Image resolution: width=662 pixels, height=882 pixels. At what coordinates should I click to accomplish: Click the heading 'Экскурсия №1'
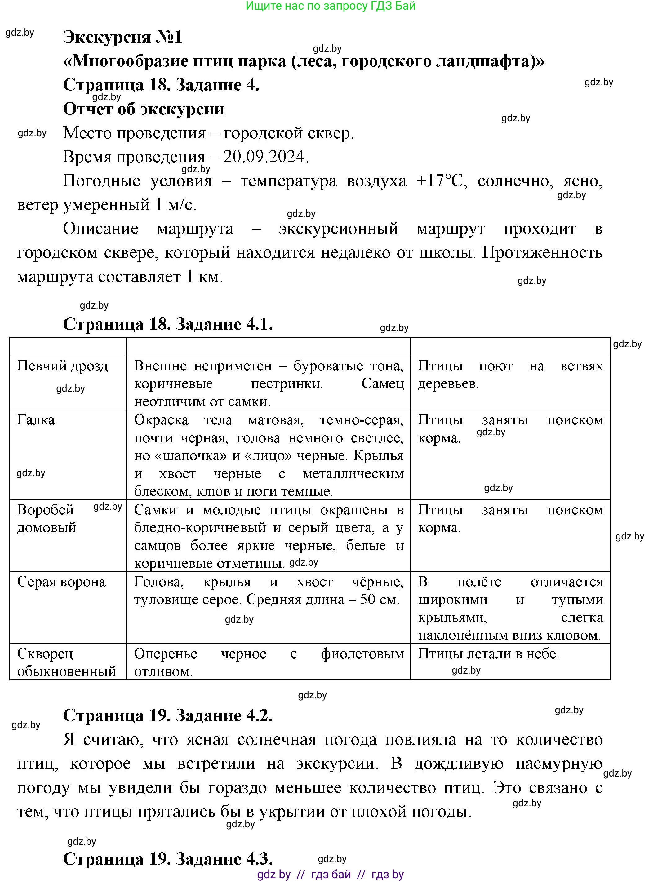(122, 37)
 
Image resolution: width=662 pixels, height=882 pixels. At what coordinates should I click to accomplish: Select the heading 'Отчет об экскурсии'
(144, 109)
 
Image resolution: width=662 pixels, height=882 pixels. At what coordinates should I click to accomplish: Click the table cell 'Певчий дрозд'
(63, 366)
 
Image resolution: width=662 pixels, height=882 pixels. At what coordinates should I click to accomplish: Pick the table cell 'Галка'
(36, 420)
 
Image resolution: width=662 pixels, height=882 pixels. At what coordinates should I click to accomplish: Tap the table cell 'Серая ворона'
(61, 582)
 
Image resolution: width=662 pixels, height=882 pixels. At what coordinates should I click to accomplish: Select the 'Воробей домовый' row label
(46, 518)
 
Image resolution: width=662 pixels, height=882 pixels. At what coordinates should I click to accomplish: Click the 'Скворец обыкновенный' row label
(66, 662)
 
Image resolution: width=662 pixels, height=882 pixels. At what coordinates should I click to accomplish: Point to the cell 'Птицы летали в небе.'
(488, 654)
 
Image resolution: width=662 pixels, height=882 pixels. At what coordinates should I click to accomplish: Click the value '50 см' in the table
(379, 600)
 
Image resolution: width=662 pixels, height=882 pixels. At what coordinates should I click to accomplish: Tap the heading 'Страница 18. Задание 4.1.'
(168, 324)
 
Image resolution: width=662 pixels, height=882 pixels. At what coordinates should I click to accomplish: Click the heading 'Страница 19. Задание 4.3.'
(168, 858)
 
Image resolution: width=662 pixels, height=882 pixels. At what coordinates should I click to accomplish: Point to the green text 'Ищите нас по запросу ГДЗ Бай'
(331, 6)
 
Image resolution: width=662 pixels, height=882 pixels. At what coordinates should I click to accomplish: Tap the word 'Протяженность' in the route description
(542, 253)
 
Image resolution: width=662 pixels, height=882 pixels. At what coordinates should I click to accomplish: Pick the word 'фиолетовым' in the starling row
(362, 654)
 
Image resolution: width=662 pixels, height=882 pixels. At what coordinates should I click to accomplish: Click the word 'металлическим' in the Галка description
(353, 474)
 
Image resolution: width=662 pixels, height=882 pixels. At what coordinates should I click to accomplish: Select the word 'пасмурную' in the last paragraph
(559, 763)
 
